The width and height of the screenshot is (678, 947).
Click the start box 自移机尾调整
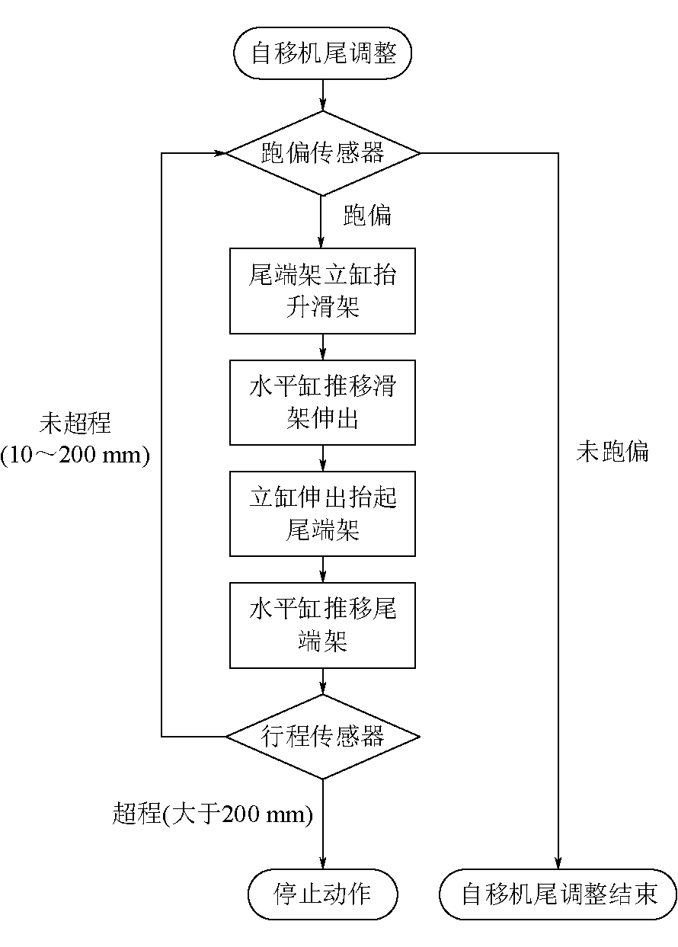point(323,54)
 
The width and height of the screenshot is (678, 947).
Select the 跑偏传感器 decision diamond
point(323,153)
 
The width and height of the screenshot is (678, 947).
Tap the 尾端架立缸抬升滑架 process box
point(323,290)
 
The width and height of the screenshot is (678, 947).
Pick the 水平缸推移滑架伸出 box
point(323,402)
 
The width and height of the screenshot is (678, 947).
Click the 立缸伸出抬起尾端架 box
point(323,513)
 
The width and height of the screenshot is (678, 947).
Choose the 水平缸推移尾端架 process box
point(323,625)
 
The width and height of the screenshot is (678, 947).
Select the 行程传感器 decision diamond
point(323,737)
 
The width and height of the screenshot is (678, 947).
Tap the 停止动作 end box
point(323,893)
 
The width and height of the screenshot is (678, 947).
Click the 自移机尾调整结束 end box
point(558,893)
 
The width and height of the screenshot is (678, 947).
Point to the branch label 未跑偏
point(612,452)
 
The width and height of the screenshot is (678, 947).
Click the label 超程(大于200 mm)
point(213,814)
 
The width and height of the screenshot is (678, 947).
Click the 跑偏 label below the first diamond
point(367,216)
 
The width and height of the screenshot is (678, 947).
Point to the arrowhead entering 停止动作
point(323,864)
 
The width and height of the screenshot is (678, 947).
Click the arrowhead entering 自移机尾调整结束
point(558,864)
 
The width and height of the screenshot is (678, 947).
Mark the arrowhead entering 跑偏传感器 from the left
point(220,153)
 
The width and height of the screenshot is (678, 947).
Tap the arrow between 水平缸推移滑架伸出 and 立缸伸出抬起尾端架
point(323,458)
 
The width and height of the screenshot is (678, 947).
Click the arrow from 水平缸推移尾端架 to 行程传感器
point(323,680)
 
